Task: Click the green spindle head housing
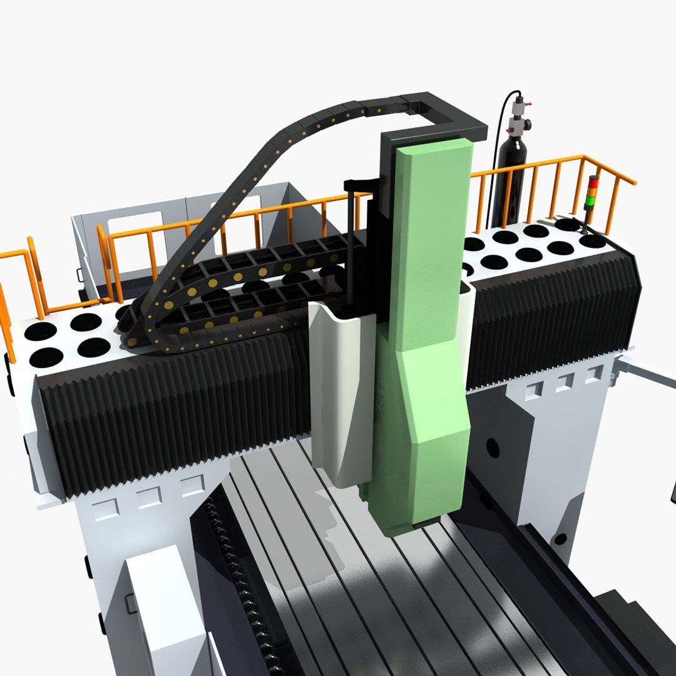point(432,313)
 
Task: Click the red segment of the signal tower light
point(592,182)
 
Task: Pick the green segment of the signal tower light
point(590,201)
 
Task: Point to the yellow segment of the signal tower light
point(591,191)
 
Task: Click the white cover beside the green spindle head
point(341,388)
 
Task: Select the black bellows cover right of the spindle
point(551,313)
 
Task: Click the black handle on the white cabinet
point(130,602)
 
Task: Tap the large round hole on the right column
point(493,446)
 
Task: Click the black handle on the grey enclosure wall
point(79,275)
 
